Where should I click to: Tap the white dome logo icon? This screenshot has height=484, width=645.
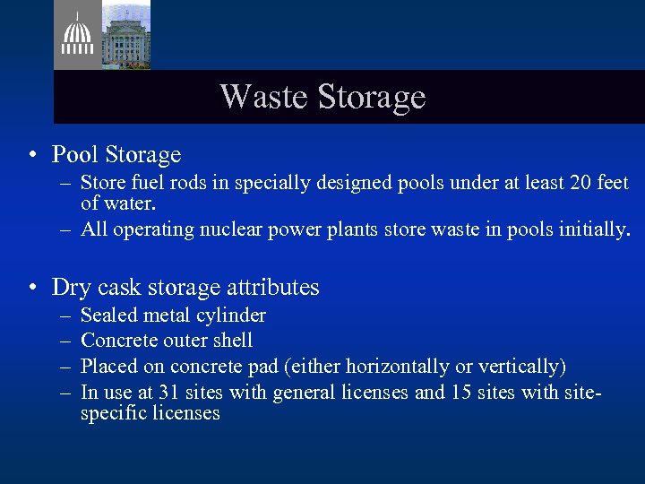pos(77,37)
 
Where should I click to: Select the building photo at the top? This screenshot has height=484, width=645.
pos(125,35)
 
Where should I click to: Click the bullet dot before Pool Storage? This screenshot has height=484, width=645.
pos(31,156)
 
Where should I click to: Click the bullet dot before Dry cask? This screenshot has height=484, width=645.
pos(31,288)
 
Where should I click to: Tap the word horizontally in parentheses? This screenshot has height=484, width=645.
pos(407,367)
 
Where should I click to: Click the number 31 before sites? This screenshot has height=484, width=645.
pos(169,393)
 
